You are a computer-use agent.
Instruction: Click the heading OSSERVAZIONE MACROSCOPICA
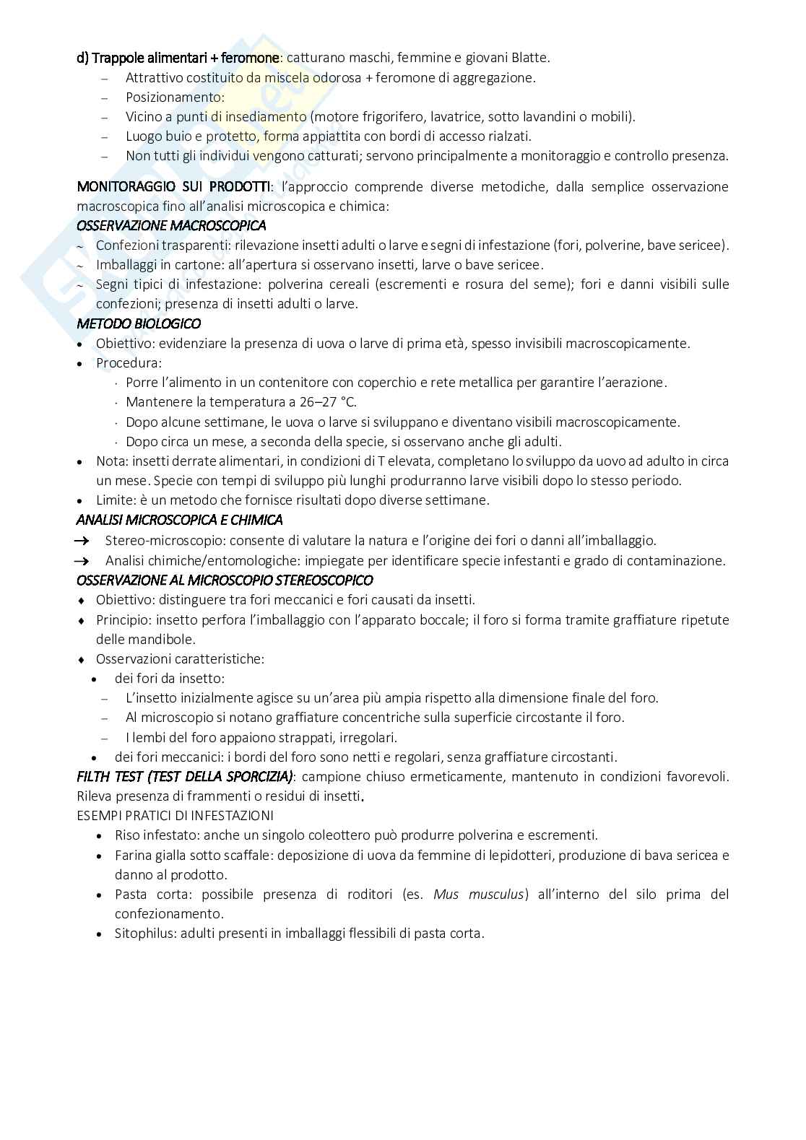171,226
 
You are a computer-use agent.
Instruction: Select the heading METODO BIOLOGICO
139,324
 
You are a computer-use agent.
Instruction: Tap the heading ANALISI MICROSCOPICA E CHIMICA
179,520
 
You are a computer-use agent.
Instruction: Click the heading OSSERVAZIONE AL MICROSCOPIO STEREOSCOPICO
225,580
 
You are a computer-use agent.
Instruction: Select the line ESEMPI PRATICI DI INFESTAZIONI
175,816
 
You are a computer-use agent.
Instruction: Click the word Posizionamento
174,97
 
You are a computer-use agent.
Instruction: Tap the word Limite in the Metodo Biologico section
114,500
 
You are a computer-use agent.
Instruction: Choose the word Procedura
128,363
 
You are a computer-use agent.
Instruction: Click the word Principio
123,619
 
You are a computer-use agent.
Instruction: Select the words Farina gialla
152,856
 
